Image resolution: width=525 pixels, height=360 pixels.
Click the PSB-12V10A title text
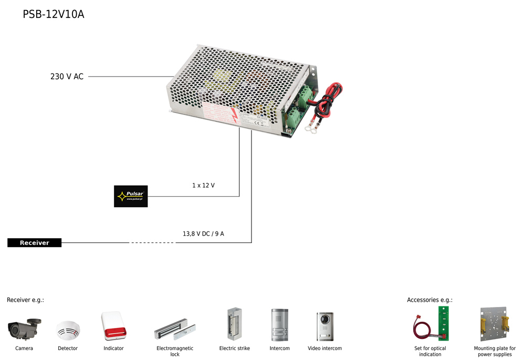pyautogui.click(x=53, y=14)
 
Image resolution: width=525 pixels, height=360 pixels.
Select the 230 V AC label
pyautogui.click(x=67, y=77)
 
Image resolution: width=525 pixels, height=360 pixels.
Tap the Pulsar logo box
pyautogui.click(x=131, y=196)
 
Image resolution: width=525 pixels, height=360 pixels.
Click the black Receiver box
pyautogui.click(x=35, y=242)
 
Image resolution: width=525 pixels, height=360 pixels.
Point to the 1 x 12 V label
pyautogui.click(x=203, y=185)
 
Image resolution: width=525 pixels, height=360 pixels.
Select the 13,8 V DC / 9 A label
pyautogui.click(x=203, y=234)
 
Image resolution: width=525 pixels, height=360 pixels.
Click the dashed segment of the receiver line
pyautogui.click(x=152, y=242)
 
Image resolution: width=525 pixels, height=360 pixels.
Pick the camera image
pyautogui.click(x=24, y=329)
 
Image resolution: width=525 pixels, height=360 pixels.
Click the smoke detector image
pyautogui.click(x=68, y=331)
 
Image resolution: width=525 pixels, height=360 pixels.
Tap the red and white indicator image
pyautogui.click(x=113, y=326)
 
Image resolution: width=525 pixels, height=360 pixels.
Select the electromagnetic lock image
pyautogui.click(x=175, y=330)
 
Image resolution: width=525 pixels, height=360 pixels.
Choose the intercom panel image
pyautogui.click(x=279, y=325)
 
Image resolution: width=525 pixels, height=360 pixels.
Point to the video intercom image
pyautogui.click(x=324, y=326)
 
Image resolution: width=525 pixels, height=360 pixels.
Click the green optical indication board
pyautogui.click(x=444, y=323)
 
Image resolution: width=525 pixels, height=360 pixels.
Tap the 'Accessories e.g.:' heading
pyautogui.click(x=429, y=300)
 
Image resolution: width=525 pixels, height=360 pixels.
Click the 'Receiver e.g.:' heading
pyautogui.click(x=25, y=300)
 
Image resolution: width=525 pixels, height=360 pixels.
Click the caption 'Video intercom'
pyautogui.click(x=324, y=348)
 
